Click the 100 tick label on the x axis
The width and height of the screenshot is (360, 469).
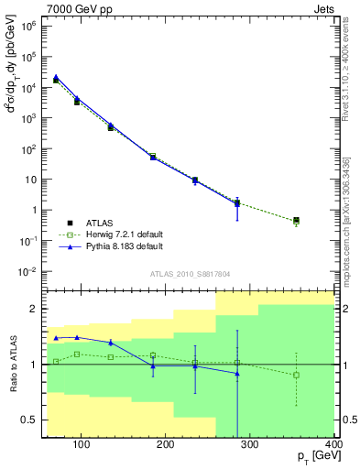coord(81,446)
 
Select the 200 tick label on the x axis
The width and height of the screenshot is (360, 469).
coord(165,446)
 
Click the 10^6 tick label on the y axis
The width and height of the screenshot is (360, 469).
coord(32,26)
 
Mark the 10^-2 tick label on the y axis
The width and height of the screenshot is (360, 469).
coord(32,272)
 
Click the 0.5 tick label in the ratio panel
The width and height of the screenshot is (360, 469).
coord(29,420)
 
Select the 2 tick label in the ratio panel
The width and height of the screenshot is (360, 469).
coord(35,309)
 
